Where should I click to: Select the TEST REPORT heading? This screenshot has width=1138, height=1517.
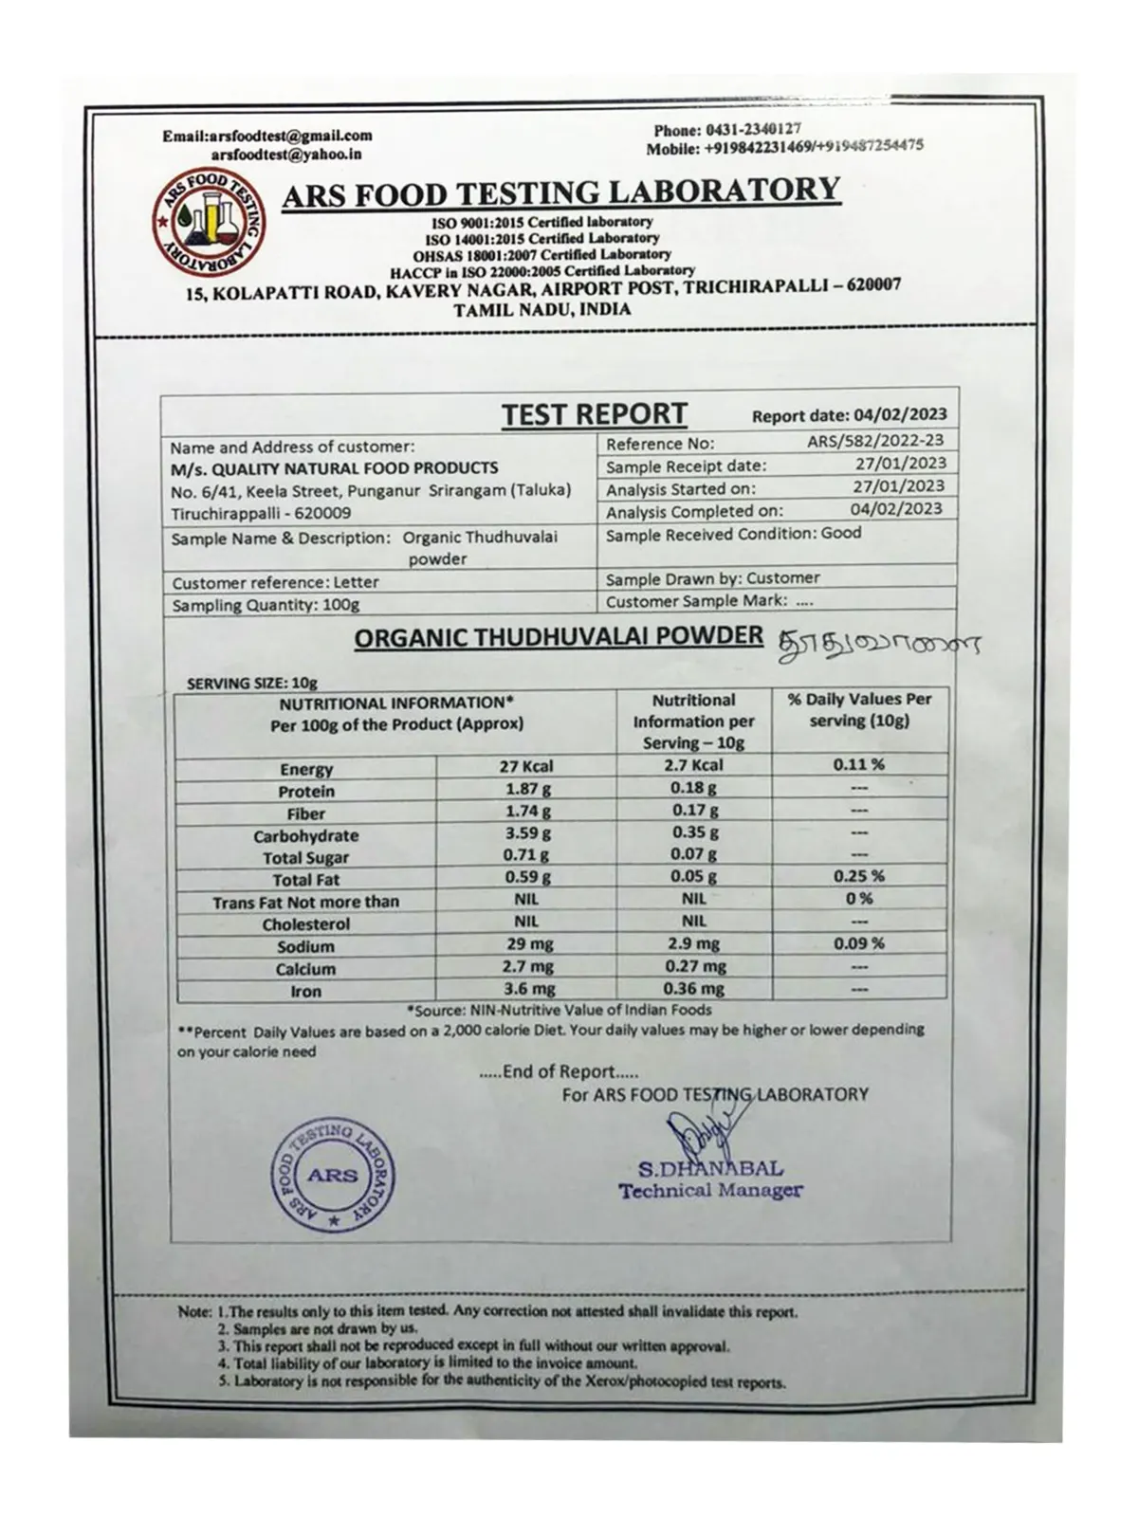(594, 414)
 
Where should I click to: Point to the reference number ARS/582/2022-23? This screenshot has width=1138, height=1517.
(875, 440)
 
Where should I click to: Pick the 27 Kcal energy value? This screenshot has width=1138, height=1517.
(526, 766)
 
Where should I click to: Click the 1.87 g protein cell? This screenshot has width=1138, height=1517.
(526, 789)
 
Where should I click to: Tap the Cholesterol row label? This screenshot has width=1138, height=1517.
(305, 923)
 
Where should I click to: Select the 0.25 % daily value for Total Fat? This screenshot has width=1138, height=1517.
(858, 876)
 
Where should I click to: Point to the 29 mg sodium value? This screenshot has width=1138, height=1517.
(526, 944)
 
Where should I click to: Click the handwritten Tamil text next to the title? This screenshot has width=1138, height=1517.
(877, 644)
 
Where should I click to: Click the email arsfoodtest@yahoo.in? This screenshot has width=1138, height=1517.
(285, 154)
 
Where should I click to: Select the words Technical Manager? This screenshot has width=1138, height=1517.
(710, 1191)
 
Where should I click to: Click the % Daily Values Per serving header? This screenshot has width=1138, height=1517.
(859, 710)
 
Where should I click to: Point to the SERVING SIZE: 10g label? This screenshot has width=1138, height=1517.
(252, 683)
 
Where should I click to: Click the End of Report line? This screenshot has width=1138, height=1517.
(560, 1072)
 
